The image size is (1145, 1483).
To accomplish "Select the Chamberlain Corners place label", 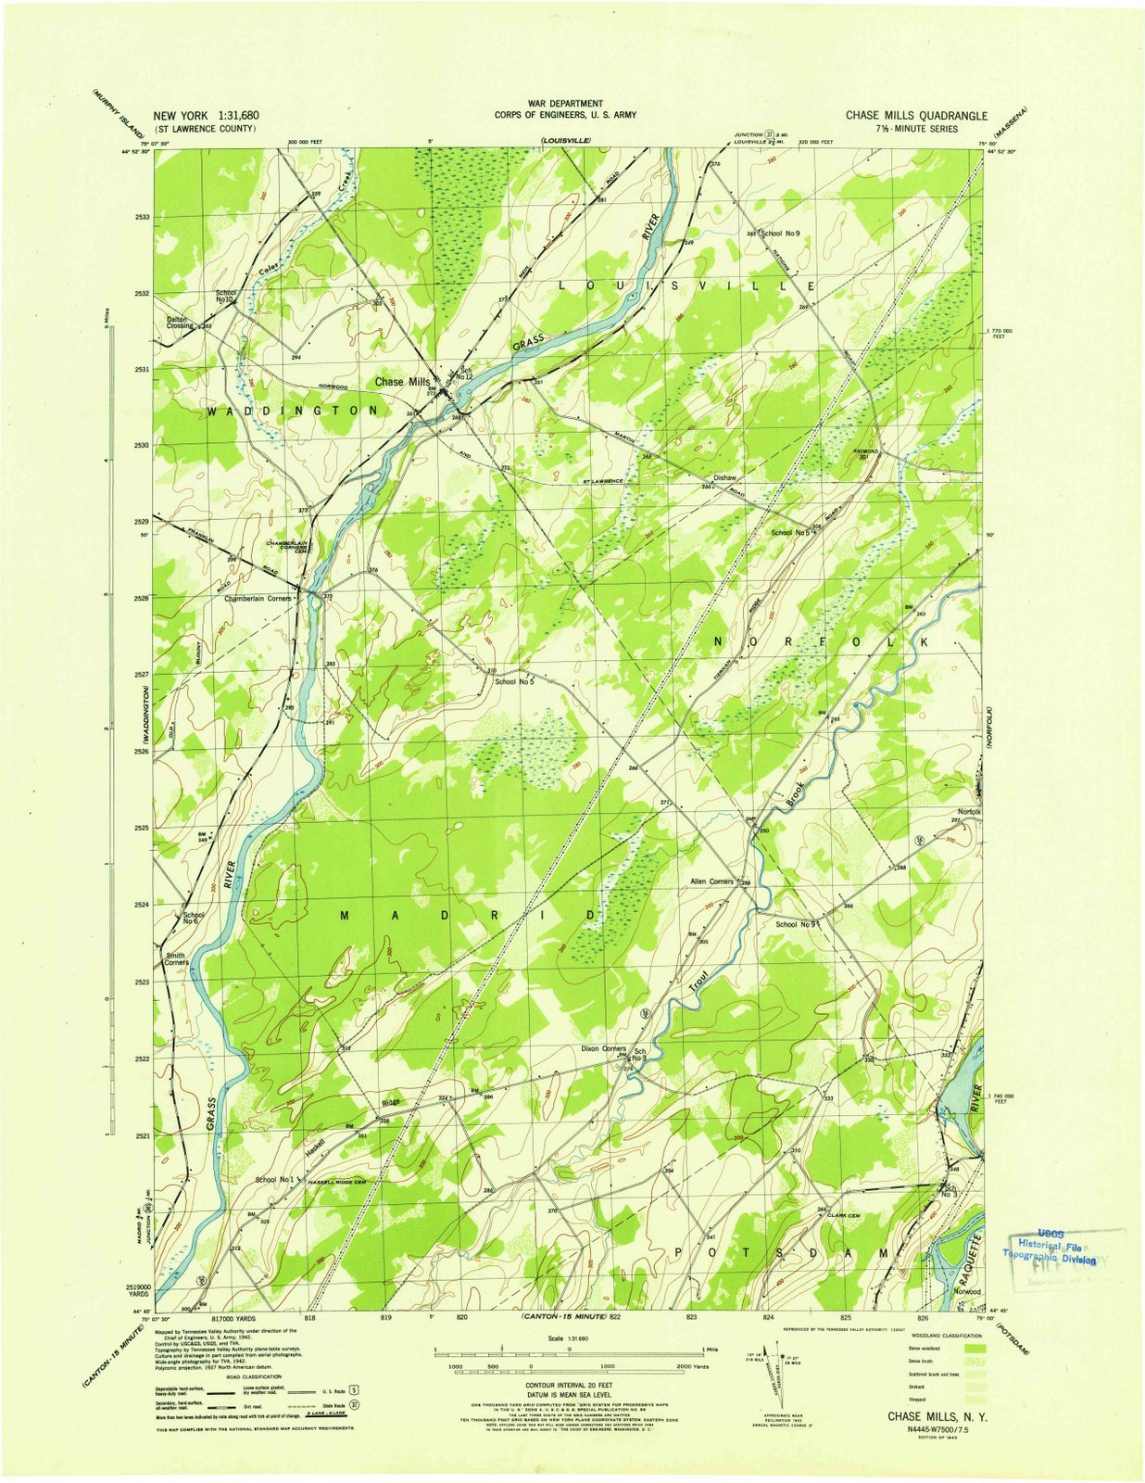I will tap(258, 599).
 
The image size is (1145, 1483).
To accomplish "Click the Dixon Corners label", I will tap(604, 1049).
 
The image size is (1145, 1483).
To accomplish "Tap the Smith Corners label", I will tap(176, 958).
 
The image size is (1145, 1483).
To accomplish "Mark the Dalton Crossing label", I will tap(181, 323).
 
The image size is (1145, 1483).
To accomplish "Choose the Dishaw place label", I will tap(724, 477).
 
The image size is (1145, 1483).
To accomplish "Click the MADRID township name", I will tap(468, 916).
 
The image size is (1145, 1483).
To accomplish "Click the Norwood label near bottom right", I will tap(967, 1291).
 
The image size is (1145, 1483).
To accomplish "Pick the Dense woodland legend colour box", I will tap(973, 1347).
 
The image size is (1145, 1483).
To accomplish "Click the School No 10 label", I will tap(225, 296).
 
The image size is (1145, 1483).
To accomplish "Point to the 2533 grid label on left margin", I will tap(142, 217).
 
